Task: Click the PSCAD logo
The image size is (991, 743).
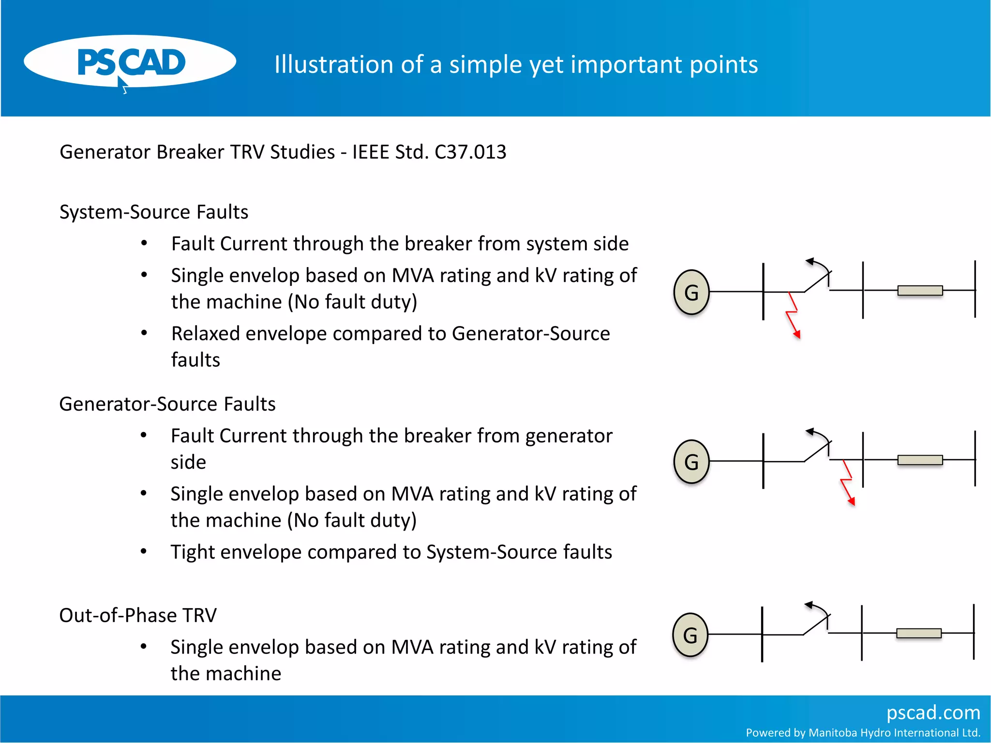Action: (130, 62)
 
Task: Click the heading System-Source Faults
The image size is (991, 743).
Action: (153, 212)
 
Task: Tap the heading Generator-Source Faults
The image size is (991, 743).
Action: (167, 404)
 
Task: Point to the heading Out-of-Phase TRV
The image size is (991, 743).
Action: (137, 615)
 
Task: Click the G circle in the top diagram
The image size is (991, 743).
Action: (691, 292)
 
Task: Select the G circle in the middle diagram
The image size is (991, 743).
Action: (691, 461)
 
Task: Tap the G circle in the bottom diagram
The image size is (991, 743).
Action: (691, 635)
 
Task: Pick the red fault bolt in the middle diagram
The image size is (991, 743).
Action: (848, 482)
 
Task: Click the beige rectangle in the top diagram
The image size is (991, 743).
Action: (920, 290)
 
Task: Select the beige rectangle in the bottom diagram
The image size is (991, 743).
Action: (918, 633)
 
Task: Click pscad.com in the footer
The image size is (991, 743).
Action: (933, 713)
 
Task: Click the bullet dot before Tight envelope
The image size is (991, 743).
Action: (144, 551)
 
